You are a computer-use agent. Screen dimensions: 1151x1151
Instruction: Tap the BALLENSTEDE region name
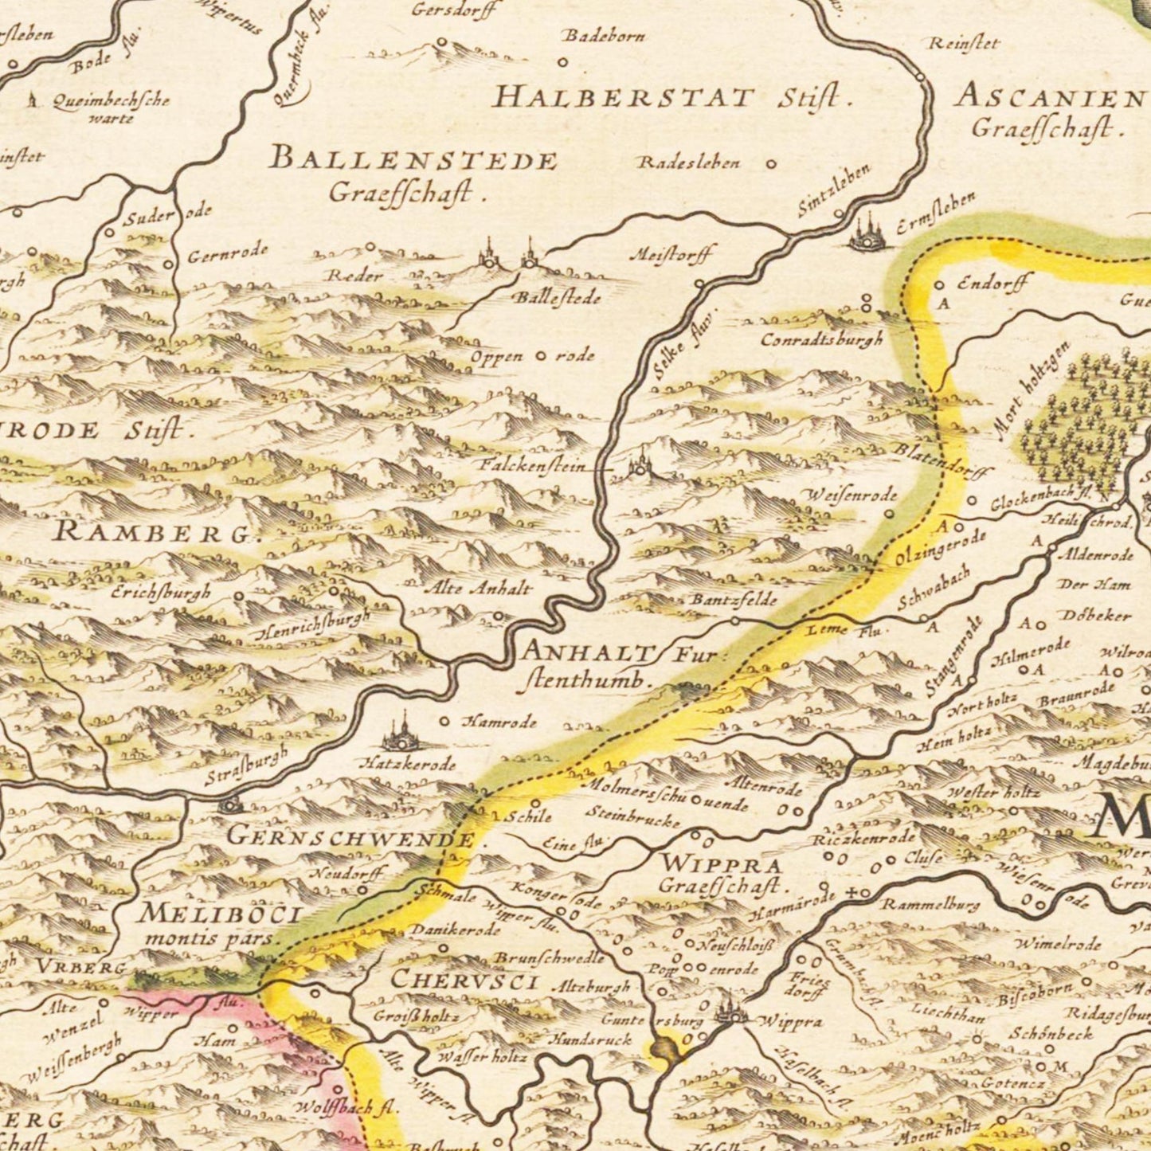[413, 159]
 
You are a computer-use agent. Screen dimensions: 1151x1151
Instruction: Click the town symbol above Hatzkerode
[400, 731]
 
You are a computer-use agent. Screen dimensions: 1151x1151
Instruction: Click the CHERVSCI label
[464, 981]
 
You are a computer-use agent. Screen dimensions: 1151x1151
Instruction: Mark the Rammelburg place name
[930, 905]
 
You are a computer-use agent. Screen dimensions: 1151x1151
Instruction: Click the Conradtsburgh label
[822, 339]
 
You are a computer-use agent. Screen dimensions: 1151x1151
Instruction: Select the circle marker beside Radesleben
[771, 164]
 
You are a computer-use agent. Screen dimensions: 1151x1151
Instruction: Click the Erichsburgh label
[162, 593]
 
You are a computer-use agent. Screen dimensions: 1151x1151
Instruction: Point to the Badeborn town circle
[562, 62]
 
